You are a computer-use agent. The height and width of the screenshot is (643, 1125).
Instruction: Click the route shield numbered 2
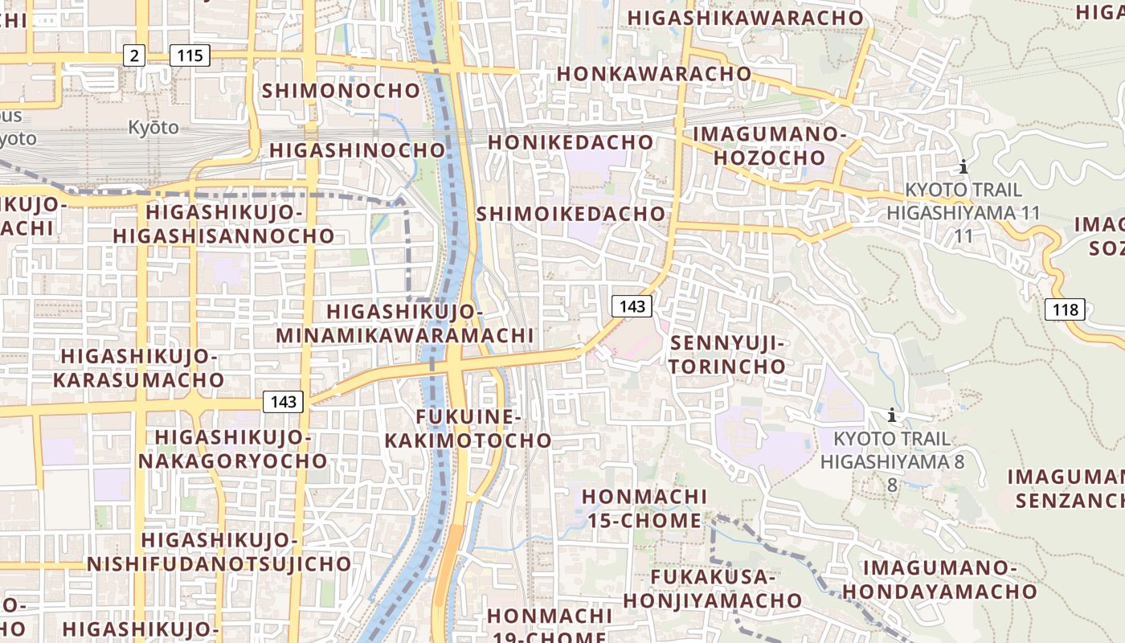134,55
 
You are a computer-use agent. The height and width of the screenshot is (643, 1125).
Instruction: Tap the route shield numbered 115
190,55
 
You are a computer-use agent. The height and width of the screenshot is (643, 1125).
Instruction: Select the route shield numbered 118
1066,309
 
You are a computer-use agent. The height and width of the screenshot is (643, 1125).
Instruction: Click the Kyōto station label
153,127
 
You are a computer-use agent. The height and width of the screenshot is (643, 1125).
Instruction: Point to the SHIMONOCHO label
341,91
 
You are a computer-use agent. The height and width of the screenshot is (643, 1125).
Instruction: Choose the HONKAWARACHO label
653,74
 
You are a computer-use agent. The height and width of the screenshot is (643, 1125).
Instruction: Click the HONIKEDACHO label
571,142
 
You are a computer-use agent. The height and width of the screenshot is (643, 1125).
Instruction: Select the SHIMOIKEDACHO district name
571,214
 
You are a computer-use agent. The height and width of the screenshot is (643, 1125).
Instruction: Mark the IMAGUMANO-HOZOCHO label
770,145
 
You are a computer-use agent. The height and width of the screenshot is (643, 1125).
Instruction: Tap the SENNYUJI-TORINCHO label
728,354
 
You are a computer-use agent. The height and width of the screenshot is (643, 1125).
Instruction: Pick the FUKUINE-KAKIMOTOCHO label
468,428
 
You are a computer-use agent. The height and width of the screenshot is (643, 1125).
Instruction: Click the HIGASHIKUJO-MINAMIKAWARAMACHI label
405,323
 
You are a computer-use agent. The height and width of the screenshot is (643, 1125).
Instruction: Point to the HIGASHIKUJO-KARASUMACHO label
139,367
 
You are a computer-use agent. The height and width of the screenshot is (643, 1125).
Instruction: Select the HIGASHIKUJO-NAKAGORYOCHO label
233,448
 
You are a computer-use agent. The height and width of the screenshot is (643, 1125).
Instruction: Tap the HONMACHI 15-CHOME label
644,508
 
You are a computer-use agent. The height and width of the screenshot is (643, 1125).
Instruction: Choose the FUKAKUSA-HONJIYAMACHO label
713,588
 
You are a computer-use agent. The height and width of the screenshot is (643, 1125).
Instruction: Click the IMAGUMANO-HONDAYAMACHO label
939,580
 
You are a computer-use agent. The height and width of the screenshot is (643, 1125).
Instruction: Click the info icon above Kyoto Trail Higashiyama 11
963,167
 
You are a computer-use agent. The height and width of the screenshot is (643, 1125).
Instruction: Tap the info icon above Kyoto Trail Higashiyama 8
891,416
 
